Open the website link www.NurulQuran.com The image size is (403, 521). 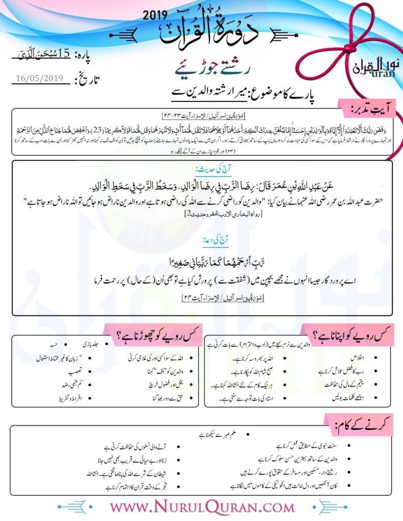pyautogui.click(x=202, y=507)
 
